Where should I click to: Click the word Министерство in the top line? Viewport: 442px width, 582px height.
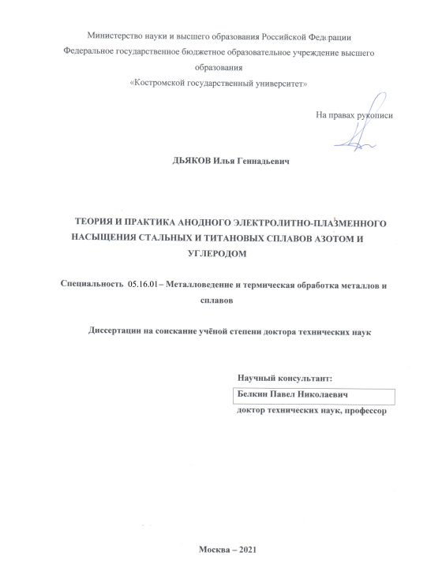click(113, 36)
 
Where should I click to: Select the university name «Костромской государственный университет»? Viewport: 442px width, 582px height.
click(218, 83)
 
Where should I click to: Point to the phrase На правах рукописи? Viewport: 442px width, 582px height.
click(354, 115)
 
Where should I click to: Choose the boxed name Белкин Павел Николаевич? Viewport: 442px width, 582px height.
click(293, 396)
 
